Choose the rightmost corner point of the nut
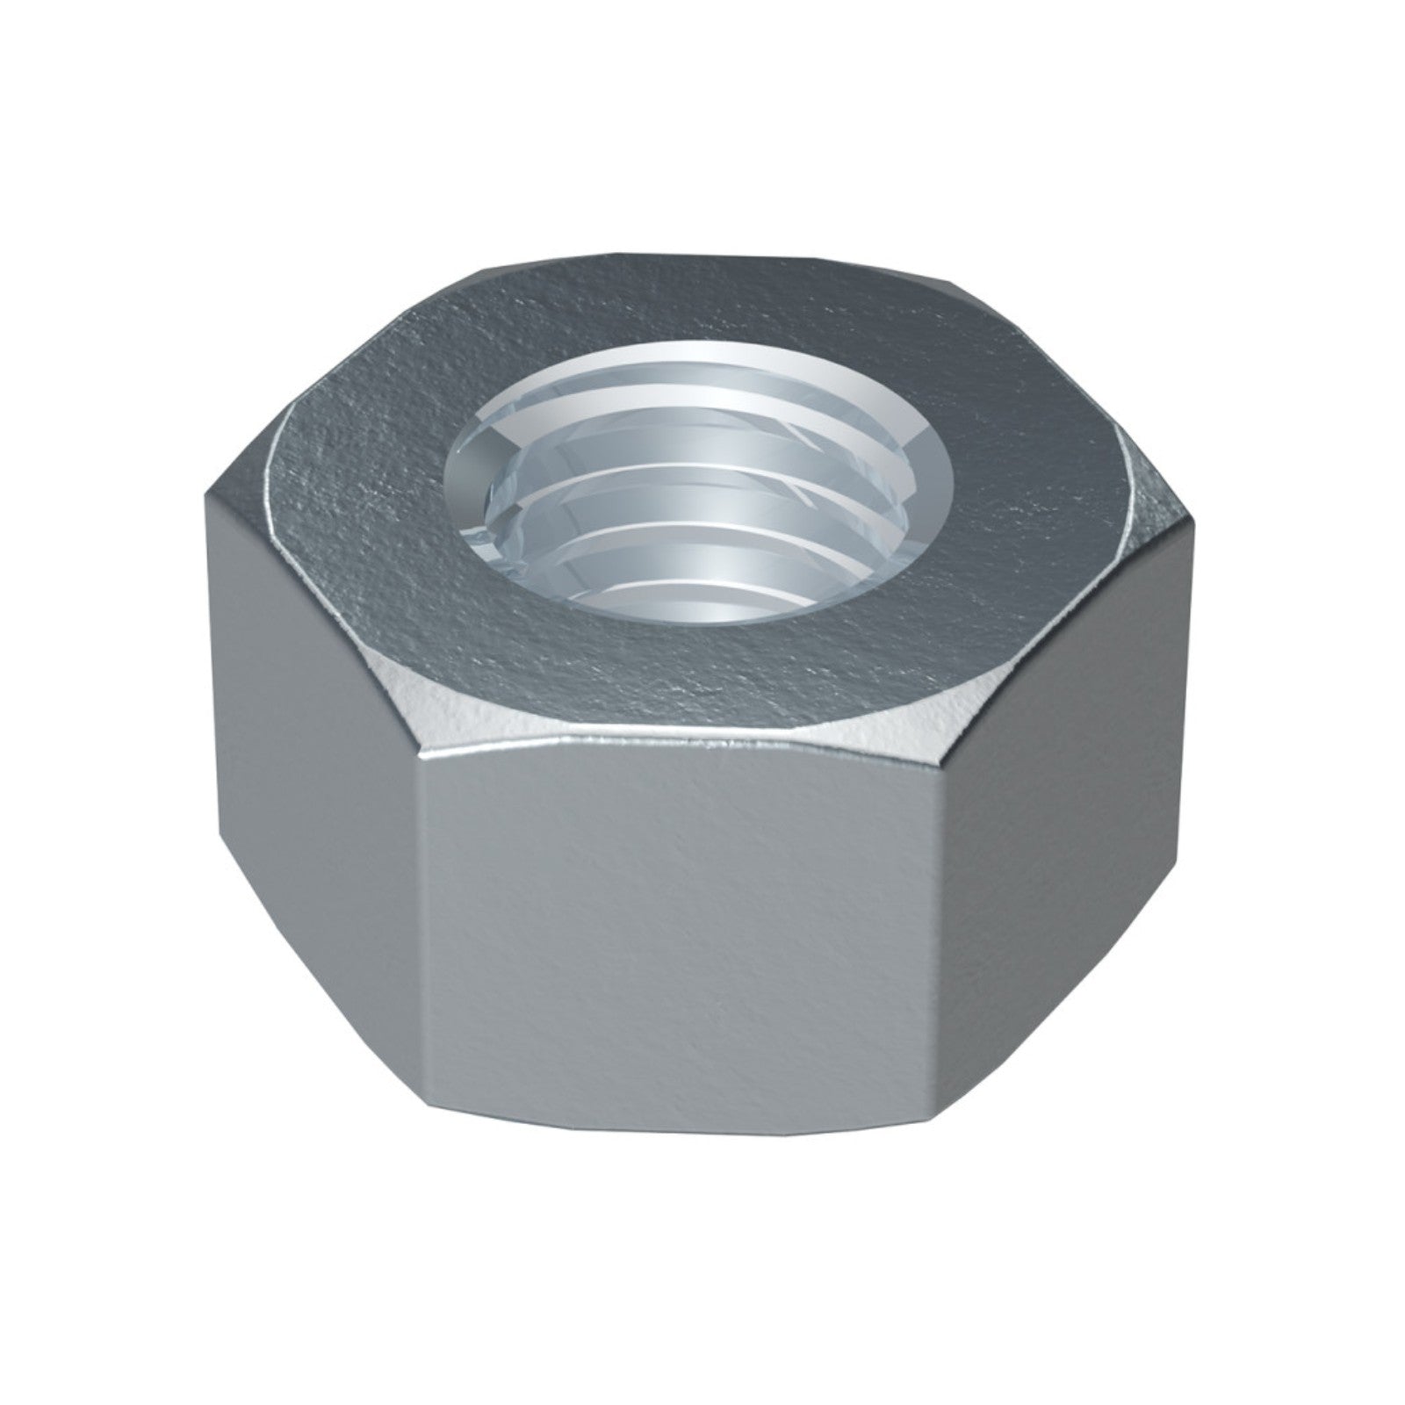pyautogui.click(x=1198, y=518)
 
